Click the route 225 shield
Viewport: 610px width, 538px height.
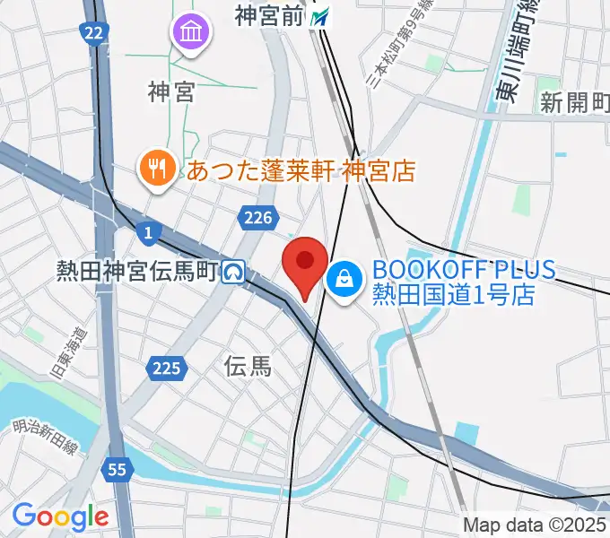pyautogui.click(x=168, y=368)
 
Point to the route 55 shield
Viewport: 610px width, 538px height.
pyautogui.click(x=117, y=469)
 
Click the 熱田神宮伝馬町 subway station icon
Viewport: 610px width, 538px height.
pyautogui.click(x=235, y=270)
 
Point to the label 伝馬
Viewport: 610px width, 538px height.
pyautogui.click(x=248, y=366)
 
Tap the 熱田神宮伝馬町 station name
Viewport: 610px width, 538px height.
pyautogui.click(x=137, y=270)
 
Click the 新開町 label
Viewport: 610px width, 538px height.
pyautogui.click(x=574, y=102)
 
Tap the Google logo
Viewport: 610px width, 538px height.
pyautogui.click(x=60, y=516)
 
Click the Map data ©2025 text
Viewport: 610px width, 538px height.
pyautogui.click(x=536, y=525)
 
